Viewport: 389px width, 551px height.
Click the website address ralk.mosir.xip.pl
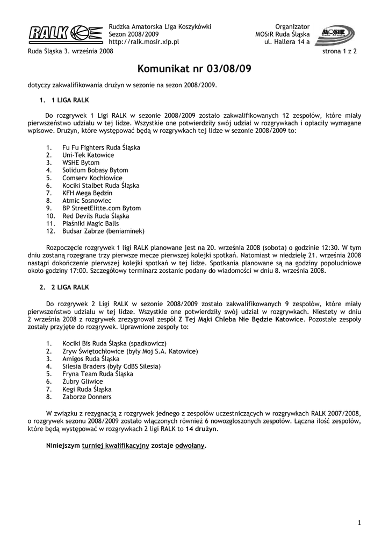click(x=144, y=41)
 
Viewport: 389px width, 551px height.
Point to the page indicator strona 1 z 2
click(x=342, y=52)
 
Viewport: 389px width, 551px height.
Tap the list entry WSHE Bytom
click(x=81, y=163)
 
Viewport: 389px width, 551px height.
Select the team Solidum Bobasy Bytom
click(x=95, y=170)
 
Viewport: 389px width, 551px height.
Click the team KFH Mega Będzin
click(x=87, y=193)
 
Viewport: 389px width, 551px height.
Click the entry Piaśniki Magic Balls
click(x=91, y=223)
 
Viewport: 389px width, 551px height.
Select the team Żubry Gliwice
click(x=82, y=382)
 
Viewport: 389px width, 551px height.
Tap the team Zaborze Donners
click(x=87, y=397)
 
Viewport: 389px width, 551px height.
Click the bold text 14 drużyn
click(x=202, y=430)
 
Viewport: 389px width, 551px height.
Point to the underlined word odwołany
click(x=190, y=446)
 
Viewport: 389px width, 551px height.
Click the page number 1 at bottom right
click(x=359, y=522)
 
